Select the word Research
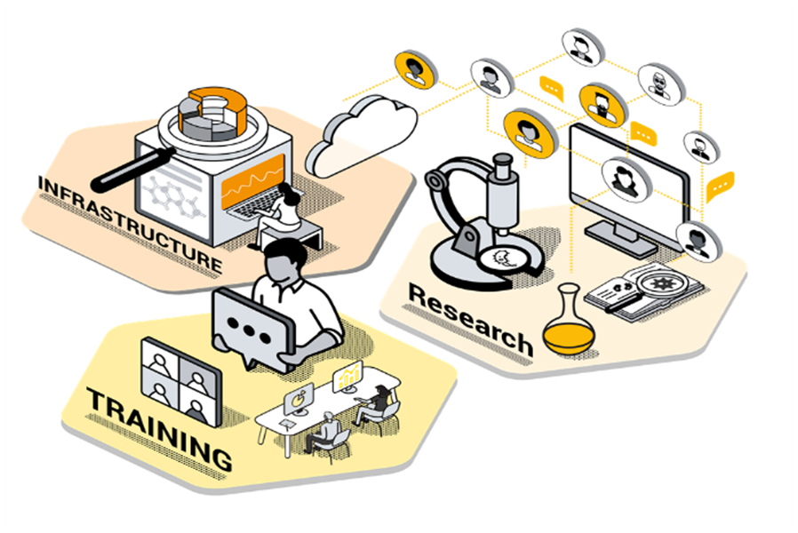coord(471,319)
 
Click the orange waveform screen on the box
coord(253,183)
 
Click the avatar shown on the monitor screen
coord(627,177)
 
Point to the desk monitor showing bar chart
coord(348,378)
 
